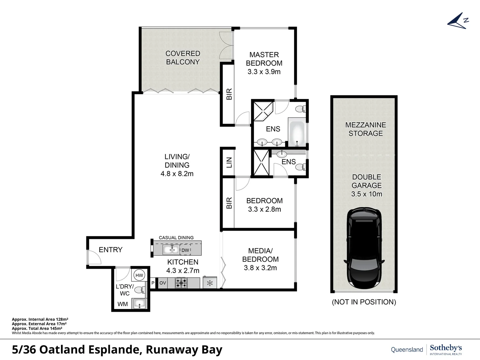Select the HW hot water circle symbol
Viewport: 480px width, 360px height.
pos(139,275)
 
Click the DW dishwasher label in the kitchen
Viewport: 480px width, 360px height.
pos(185,250)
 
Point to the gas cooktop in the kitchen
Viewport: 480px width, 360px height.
pos(181,283)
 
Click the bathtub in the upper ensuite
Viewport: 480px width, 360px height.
pos(296,134)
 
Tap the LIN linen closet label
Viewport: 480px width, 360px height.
pos(229,162)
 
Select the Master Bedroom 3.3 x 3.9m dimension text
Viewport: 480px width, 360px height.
pos(264,72)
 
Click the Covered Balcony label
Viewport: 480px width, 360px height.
pos(183,58)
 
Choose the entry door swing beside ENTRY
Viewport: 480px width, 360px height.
pos(93,257)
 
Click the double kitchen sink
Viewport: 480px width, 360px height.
pos(171,250)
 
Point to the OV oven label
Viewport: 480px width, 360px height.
pos(163,283)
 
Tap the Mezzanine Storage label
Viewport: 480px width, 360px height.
pos(366,129)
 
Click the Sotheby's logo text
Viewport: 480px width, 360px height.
pos(446,348)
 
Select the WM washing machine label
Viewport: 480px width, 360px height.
pos(122,304)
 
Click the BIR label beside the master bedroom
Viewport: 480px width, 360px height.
pos(229,94)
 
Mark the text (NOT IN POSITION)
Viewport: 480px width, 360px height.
pos(364,302)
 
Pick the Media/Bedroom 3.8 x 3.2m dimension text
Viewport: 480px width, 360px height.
pos(260,268)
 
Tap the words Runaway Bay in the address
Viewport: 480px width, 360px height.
pos(184,350)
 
